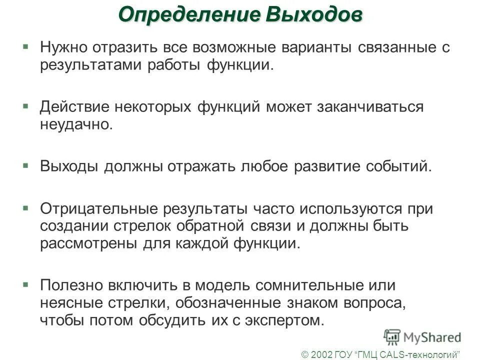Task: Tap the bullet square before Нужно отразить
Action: (25, 46)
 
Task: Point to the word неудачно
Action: (76, 125)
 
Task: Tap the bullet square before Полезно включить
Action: (25, 283)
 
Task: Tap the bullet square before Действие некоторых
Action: (25, 105)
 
